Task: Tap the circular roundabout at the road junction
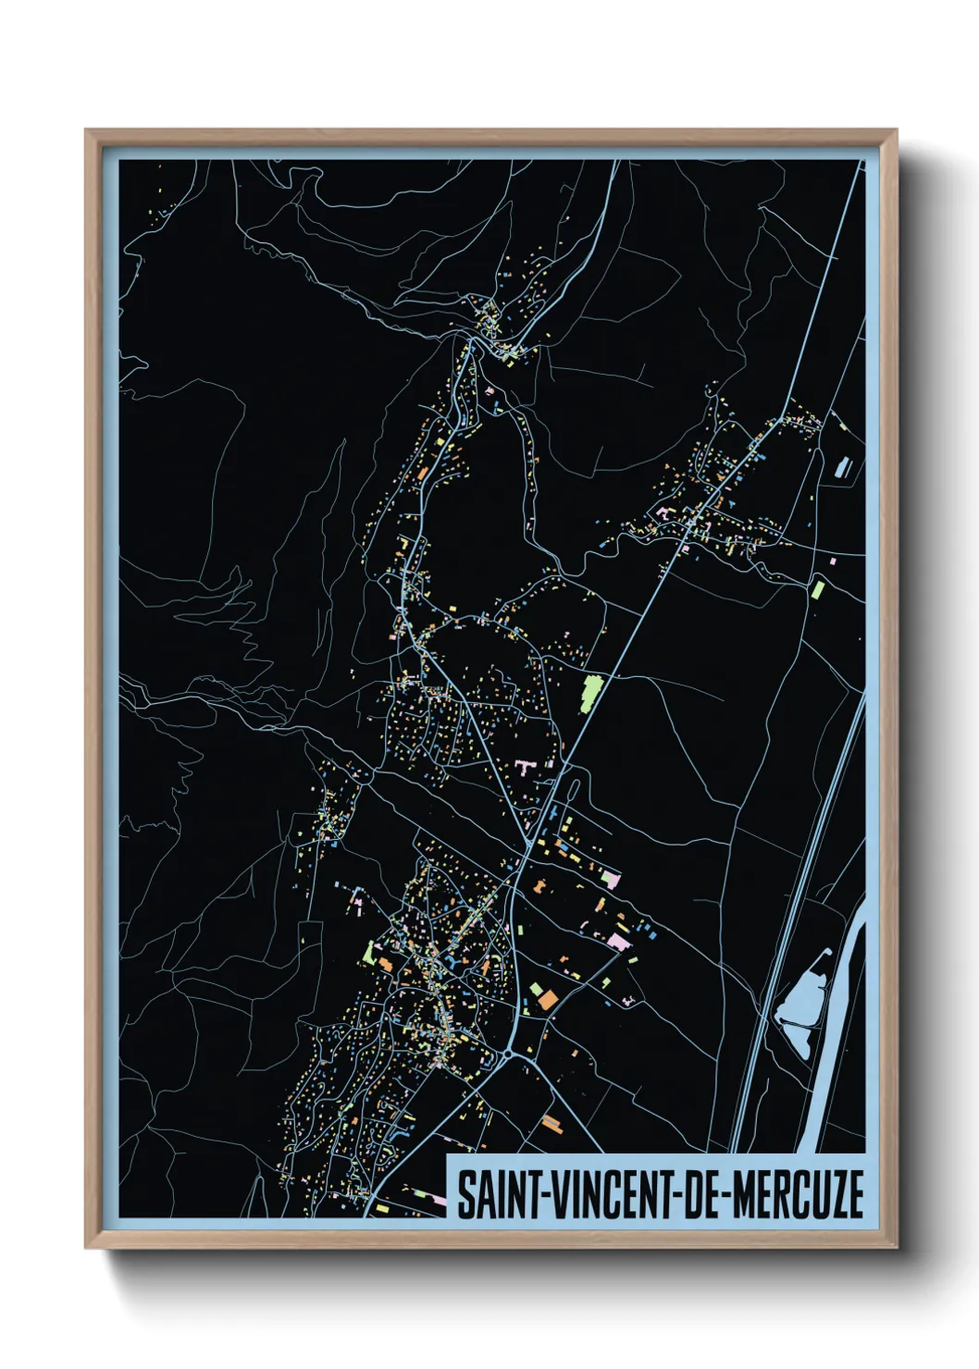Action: [508, 1054]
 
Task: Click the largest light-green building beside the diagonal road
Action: [590, 693]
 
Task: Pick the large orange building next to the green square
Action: [548, 1000]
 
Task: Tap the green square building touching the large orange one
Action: [536, 990]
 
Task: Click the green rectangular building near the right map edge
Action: [817, 588]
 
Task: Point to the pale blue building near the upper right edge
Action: [842, 468]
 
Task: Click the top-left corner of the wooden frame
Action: [88, 132]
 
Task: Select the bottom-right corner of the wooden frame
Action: [893, 1245]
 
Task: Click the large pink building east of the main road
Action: [617, 942]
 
